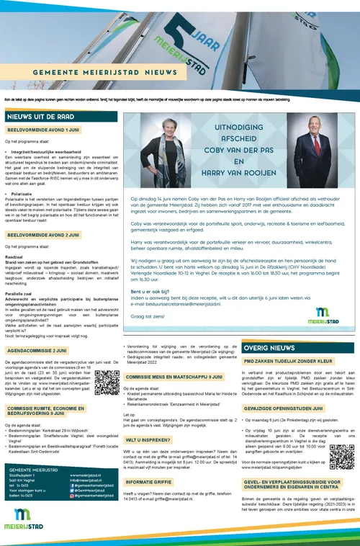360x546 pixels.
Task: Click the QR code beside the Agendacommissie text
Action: (x=107, y=381)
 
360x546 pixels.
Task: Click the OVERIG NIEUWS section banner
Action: (x=270, y=347)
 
